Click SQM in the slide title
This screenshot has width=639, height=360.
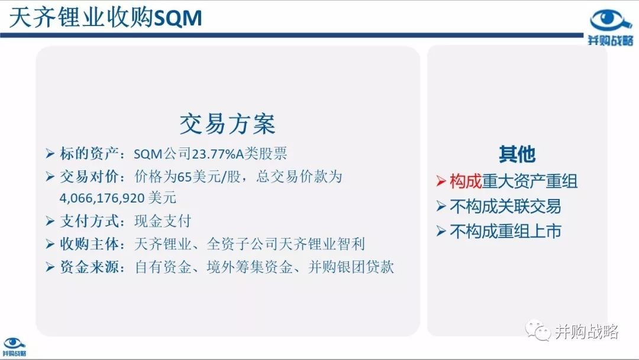click(179, 18)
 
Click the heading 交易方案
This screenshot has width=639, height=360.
click(227, 124)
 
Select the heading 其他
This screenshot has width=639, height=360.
click(517, 154)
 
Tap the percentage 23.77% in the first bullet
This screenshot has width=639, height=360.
click(214, 154)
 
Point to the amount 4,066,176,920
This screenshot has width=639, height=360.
click(102, 198)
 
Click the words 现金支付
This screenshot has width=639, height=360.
click(163, 221)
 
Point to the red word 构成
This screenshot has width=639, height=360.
click(466, 181)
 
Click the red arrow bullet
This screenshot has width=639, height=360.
click(441, 181)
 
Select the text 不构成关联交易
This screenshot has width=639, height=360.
click(505, 206)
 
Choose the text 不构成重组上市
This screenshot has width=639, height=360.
click(505, 231)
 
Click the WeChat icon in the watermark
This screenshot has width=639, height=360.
click(537, 330)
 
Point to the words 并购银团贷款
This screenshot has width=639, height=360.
click(351, 267)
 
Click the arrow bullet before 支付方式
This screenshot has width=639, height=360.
click(50, 221)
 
